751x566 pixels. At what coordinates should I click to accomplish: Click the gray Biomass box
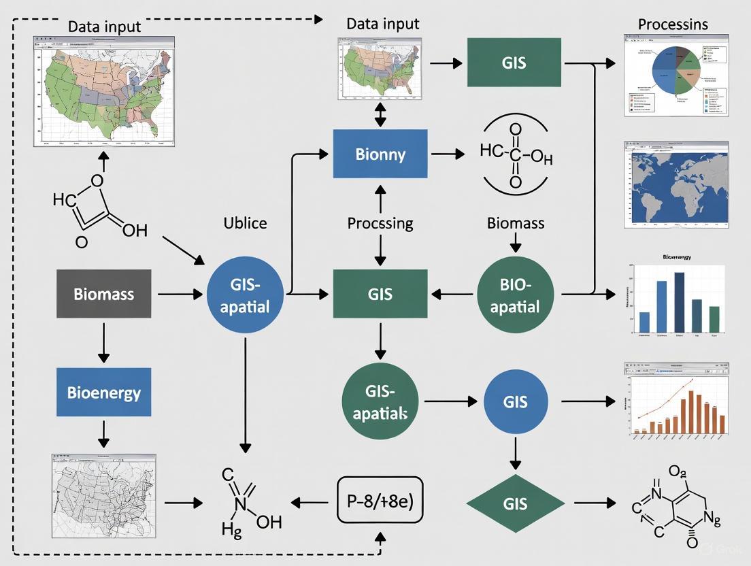point(103,294)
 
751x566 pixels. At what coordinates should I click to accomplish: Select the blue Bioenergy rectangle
point(103,393)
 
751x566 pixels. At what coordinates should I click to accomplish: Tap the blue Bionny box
point(380,154)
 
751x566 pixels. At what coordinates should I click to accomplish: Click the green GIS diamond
point(515,504)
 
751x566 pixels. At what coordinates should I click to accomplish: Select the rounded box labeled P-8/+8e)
point(380,503)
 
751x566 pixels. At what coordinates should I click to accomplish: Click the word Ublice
point(245,223)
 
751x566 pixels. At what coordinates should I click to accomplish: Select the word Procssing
point(380,223)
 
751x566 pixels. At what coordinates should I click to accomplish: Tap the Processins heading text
point(672,24)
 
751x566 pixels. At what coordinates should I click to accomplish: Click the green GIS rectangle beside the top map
point(514,63)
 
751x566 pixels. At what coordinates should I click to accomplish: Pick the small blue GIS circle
point(515,401)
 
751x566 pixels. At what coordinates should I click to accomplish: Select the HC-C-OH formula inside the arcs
point(516,155)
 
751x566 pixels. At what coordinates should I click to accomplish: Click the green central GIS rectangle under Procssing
point(380,294)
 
